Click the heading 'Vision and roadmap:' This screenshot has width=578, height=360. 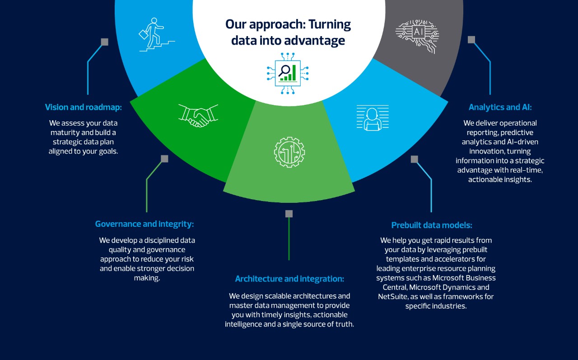pos(84,107)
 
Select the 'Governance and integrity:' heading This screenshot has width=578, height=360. pos(144,224)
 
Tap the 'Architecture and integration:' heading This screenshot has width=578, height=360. pos(289,279)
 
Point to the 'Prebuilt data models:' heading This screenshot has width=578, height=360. pos(432,225)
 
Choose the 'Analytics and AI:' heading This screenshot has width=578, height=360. pos(500,107)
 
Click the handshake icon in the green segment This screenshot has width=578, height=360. pos(198,115)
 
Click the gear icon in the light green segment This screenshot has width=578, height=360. pos(289,152)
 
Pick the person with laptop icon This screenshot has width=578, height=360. pos(373,118)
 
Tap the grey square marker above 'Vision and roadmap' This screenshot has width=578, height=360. pos(105,42)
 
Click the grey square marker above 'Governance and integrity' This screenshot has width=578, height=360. pos(164,159)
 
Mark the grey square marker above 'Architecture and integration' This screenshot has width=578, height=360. pos(289,214)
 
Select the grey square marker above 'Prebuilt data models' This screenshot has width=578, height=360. pos(415,159)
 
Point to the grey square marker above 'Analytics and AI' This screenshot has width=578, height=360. pos(471,40)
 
